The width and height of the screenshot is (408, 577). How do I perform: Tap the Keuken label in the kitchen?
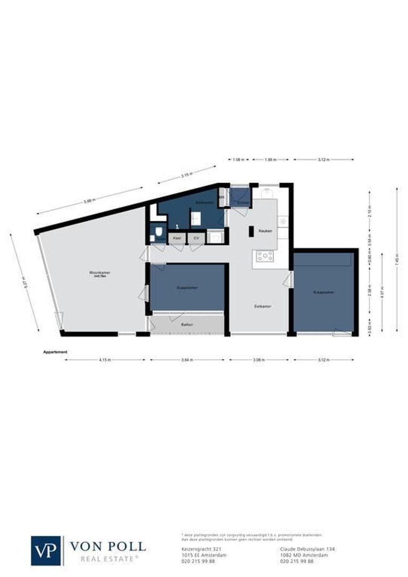pyautogui.click(x=265, y=230)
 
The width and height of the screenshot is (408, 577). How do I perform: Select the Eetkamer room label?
pyautogui.click(x=262, y=307)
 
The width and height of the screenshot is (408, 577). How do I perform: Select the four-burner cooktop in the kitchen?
pyautogui.click(x=264, y=256)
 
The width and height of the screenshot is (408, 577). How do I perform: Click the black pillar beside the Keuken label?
pyautogui.click(x=250, y=231)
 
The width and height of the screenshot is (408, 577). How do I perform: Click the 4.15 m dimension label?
pyautogui.click(x=105, y=360)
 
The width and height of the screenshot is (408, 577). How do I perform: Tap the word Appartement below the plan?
pyautogui.click(x=55, y=352)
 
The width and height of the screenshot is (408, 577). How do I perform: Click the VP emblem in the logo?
pyautogui.click(x=46, y=550)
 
